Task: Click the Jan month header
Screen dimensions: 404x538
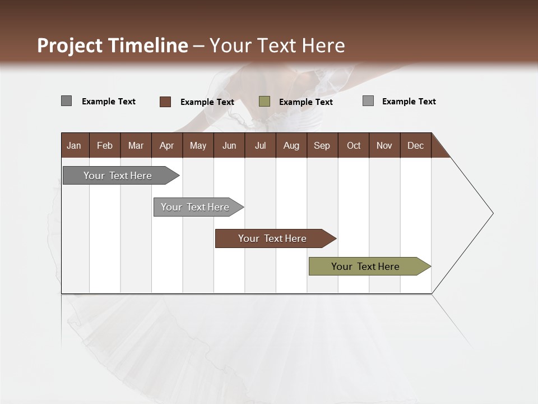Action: (x=74, y=145)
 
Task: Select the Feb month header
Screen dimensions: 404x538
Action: (x=105, y=145)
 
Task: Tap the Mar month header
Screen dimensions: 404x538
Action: (x=136, y=145)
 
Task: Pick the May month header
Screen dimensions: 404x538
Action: (x=198, y=145)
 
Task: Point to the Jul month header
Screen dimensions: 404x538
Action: (x=260, y=145)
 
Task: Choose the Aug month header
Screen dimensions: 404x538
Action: (x=291, y=145)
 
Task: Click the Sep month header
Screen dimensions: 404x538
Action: (x=322, y=145)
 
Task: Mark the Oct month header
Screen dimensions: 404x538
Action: (x=354, y=145)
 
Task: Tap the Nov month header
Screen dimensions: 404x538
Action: (x=384, y=145)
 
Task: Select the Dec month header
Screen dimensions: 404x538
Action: (x=415, y=145)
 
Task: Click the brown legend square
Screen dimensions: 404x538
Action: (x=165, y=102)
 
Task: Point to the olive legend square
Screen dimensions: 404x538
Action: (x=265, y=102)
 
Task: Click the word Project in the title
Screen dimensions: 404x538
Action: (x=71, y=45)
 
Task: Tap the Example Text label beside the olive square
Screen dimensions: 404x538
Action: (x=305, y=102)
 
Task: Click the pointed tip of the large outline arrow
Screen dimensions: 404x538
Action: (x=492, y=213)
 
